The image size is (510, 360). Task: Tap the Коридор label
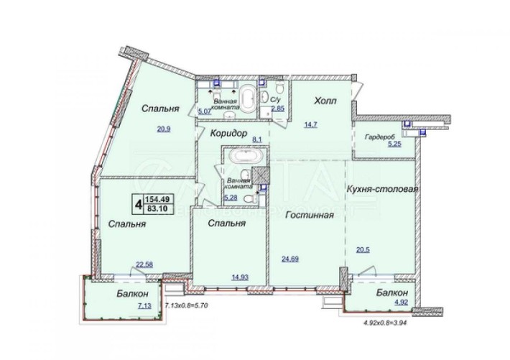[229, 134]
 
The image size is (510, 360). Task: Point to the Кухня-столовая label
[383, 189]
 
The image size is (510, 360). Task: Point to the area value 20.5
[364, 251]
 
